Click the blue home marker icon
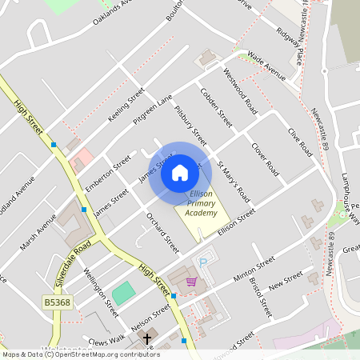click(x=180, y=173)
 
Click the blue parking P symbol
click(x=202, y=262)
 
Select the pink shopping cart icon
click(x=191, y=281)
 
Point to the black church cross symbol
click(x=146, y=339)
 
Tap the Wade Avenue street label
click(x=266, y=67)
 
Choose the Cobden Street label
click(x=216, y=107)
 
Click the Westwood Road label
click(x=240, y=95)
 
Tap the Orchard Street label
click(x=162, y=232)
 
